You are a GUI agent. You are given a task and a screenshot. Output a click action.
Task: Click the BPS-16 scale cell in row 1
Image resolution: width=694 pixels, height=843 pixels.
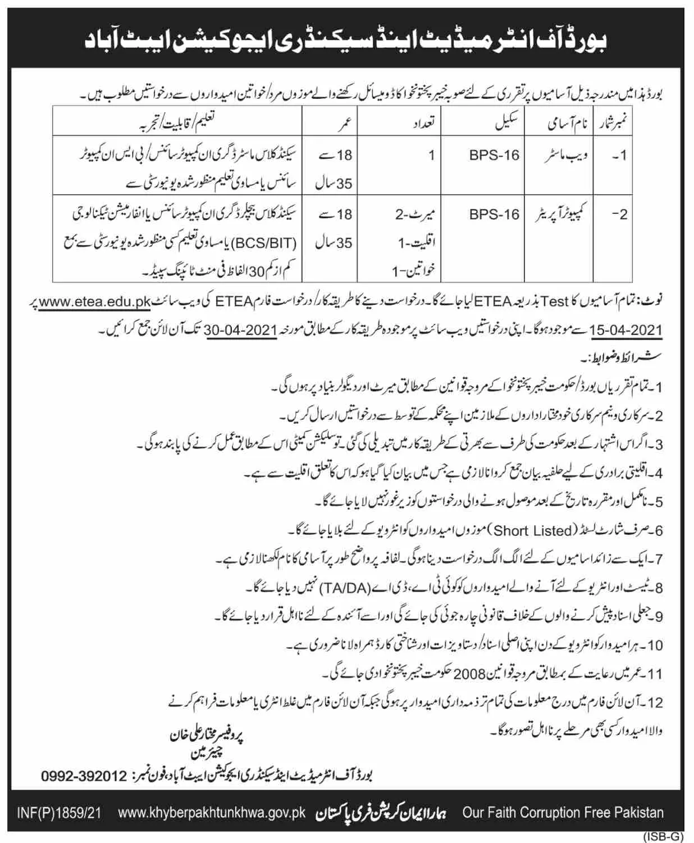click(x=494, y=155)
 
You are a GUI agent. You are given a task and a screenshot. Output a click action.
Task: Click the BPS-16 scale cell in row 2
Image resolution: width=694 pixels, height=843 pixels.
click(x=494, y=214)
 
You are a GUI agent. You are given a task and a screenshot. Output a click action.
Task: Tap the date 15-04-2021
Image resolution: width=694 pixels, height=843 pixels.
click(x=627, y=330)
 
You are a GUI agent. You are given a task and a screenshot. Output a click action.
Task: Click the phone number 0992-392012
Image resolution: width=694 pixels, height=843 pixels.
click(x=84, y=776)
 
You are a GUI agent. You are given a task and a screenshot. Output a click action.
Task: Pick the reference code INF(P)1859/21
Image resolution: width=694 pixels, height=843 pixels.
click(x=59, y=813)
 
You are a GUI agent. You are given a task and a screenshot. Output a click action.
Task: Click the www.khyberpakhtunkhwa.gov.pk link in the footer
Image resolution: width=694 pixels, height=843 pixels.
click(x=212, y=813)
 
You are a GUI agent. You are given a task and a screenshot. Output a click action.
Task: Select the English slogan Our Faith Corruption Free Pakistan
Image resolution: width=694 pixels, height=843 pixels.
click(x=563, y=813)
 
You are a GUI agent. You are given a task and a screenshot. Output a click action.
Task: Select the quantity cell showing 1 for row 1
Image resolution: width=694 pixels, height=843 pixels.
click(x=431, y=155)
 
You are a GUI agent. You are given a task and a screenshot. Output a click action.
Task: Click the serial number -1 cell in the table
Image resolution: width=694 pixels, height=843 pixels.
click(x=618, y=155)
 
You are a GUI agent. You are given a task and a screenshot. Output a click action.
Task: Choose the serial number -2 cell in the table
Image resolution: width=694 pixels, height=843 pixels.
click(x=618, y=214)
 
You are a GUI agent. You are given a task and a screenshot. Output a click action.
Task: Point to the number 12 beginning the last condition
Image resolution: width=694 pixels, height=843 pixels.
click(x=655, y=702)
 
